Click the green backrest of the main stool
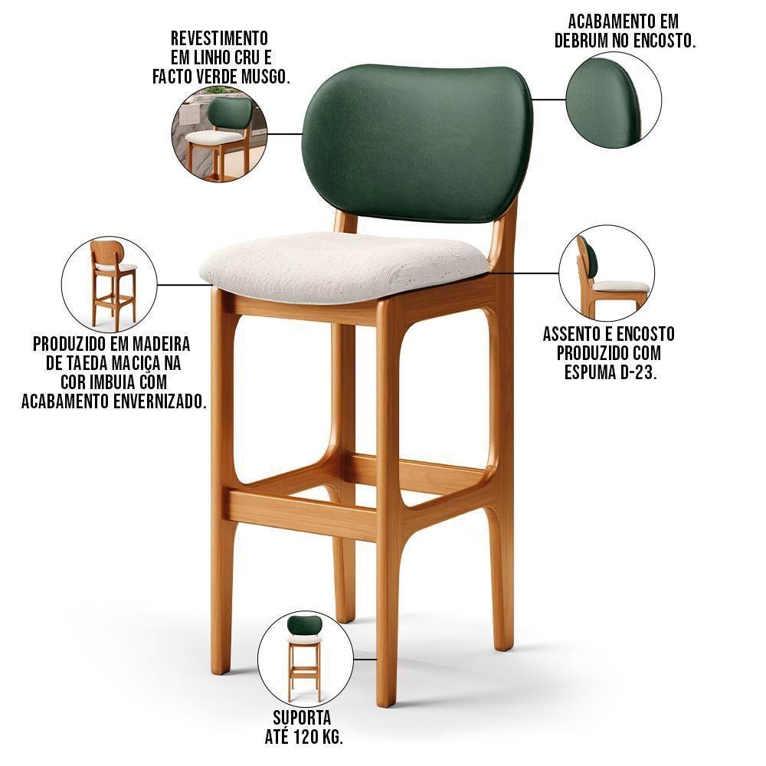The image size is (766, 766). coord(417,142)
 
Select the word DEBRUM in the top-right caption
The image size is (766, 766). coord(586,41)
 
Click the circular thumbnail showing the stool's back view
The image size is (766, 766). coord(109,283)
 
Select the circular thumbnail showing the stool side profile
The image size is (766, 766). coord(607,273)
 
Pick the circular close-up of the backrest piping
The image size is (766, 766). coord(614,100)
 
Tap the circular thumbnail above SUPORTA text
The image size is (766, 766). coord(305,658)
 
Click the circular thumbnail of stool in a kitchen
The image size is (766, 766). coord(219,134)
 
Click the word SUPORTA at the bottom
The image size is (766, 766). coord(302,718)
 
